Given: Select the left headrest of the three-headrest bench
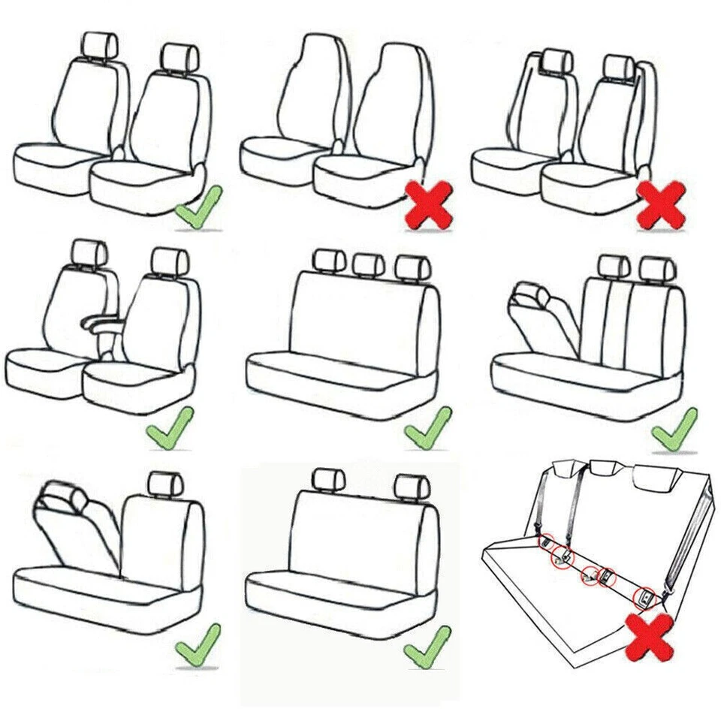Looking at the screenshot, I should click(x=327, y=261).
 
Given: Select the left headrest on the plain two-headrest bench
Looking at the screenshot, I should click(x=327, y=478).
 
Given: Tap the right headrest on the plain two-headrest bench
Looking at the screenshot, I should click(x=411, y=484).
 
